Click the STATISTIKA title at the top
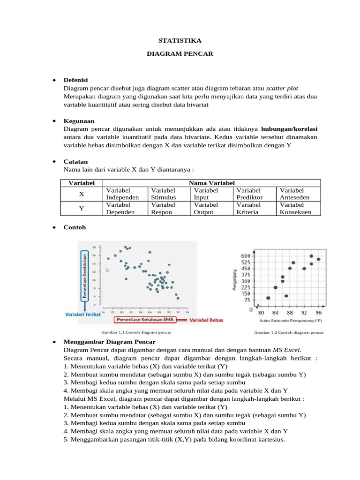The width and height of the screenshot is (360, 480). click(x=180, y=41)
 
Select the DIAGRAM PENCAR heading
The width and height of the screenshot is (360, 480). click(x=180, y=54)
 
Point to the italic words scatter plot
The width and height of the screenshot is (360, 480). click(x=282, y=88)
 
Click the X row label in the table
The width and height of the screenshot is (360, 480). click(x=82, y=194)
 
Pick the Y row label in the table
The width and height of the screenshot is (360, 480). click(x=82, y=208)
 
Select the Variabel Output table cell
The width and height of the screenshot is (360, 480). click(x=206, y=208)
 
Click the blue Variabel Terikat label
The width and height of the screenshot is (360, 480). click(x=83, y=315)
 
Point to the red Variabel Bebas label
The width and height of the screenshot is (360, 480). click(x=207, y=320)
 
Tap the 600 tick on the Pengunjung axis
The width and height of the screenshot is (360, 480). click(x=246, y=255)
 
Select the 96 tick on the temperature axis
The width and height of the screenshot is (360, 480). click(x=318, y=312)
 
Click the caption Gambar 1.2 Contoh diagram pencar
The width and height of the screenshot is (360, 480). click(x=289, y=332)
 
